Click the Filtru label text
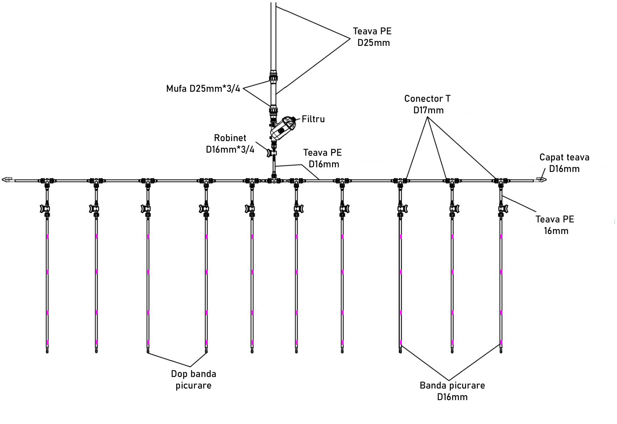pos(313,119)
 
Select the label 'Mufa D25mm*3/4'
pos(203,89)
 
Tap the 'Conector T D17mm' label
pos(428,104)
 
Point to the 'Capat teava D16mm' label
pos(564,163)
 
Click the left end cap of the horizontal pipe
pos(7,180)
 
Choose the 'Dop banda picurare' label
pos(194,380)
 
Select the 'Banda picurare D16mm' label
pos(452,391)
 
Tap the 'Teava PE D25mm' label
pos(372,37)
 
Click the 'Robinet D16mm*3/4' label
pos(230,144)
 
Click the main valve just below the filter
pos(273,153)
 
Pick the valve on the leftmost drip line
pos(46,209)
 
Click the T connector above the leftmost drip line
pos(47,180)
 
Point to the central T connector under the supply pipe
pos(274,180)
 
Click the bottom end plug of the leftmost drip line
pos(47,350)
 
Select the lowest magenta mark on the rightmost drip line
pos(501,342)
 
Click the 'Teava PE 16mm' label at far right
pos(555,225)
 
